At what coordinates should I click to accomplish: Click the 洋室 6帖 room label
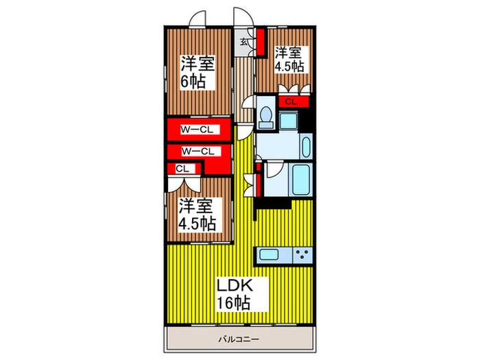(x=197, y=72)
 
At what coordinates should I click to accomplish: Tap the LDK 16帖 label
(x=235, y=293)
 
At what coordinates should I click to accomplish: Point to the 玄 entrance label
(x=244, y=42)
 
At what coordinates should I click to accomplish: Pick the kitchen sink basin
(x=269, y=255)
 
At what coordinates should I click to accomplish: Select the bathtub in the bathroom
(x=301, y=180)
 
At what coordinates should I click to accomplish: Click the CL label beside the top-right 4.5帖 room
(x=291, y=102)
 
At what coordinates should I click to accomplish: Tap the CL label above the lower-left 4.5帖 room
(x=182, y=168)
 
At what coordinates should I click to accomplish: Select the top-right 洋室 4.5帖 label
(x=289, y=59)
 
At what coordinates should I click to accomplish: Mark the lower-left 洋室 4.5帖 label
(x=197, y=213)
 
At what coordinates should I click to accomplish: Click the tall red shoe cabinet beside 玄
(x=261, y=42)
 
